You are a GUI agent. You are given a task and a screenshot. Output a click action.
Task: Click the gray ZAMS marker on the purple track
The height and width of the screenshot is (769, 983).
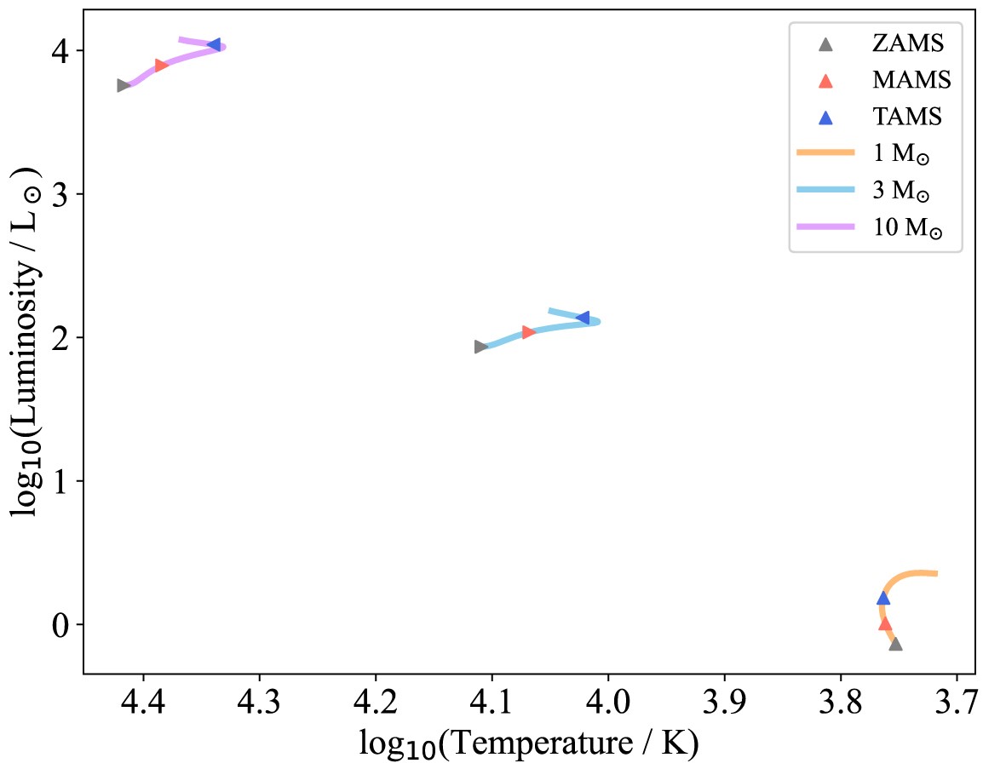(123, 85)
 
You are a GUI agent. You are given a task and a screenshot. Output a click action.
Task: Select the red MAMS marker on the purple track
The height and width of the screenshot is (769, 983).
(161, 66)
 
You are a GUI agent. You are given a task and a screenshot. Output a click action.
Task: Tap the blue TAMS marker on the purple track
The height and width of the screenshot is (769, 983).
(215, 44)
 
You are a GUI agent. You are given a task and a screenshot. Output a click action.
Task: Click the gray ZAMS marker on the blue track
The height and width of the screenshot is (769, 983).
(480, 347)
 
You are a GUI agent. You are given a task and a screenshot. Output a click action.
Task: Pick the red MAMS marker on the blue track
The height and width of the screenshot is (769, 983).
(528, 332)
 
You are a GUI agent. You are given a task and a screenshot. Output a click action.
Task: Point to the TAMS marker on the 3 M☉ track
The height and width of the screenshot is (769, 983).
(583, 318)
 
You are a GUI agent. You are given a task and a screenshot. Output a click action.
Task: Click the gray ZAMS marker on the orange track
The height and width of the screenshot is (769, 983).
(895, 645)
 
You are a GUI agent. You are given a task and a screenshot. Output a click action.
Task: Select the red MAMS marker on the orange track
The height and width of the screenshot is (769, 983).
(885, 623)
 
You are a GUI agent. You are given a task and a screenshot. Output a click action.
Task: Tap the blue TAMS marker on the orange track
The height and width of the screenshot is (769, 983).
(882, 599)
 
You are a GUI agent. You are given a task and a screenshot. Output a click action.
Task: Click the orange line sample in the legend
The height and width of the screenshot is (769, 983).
(825, 154)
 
